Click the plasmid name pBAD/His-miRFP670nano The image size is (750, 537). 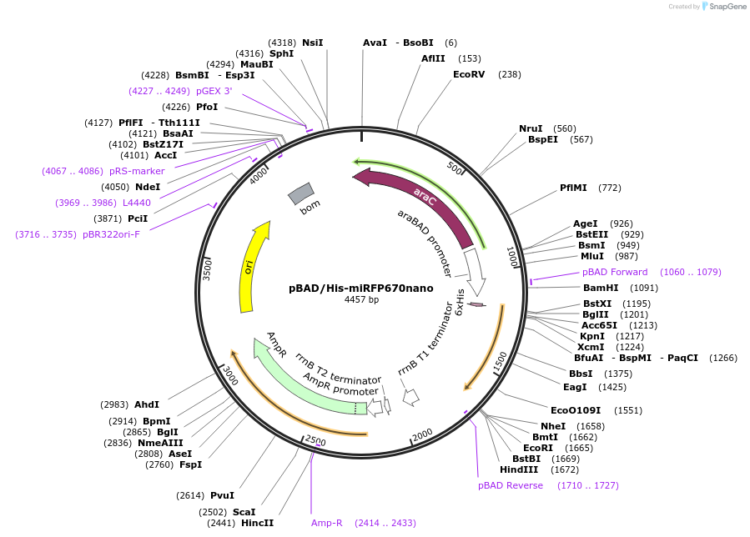click(360, 288)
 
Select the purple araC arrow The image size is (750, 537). click(417, 200)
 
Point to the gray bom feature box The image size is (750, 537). click(300, 194)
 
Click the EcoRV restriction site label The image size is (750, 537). click(469, 74)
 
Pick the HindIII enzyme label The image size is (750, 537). click(517, 469)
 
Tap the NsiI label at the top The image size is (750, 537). click(313, 43)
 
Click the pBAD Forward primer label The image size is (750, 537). click(615, 272)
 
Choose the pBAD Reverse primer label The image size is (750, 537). click(511, 485)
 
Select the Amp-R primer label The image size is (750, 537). click(327, 523)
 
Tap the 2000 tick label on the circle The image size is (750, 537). click(422, 434)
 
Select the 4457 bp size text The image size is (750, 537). click(361, 300)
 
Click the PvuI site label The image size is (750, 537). click(223, 495)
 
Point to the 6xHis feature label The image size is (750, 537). click(460, 302)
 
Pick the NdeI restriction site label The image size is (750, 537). click(148, 187)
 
